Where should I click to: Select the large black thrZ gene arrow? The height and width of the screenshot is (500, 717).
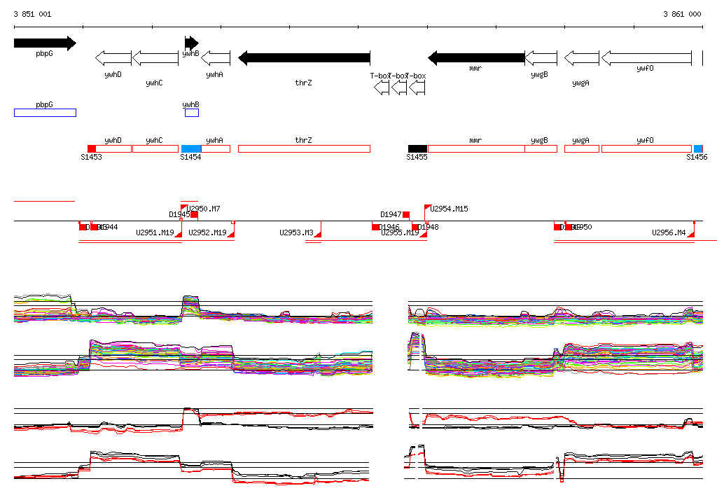(x=304, y=57)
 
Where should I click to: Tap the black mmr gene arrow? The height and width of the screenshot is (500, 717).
(x=476, y=57)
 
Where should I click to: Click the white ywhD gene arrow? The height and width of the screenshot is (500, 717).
(x=113, y=57)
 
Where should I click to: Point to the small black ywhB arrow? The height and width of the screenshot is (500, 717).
(x=191, y=43)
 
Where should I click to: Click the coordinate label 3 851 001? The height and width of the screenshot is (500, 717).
(x=32, y=14)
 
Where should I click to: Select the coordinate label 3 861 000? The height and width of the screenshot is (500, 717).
(x=682, y=14)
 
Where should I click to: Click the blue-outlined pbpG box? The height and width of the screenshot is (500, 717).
(x=45, y=113)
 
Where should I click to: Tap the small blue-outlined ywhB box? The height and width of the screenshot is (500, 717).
(x=192, y=113)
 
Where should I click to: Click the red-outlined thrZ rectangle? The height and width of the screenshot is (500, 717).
(x=304, y=148)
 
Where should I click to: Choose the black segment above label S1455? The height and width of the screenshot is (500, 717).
(x=417, y=148)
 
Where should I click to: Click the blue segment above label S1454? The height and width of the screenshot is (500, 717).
(x=191, y=148)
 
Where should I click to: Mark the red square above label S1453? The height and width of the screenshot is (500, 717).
(x=92, y=148)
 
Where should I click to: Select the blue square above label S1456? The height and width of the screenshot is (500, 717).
(x=698, y=148)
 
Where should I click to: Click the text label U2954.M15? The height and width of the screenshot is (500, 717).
(x=450, y=209)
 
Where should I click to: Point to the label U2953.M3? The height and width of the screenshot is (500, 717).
(x=296, y=232)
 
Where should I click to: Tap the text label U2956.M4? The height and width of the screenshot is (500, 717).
(x=669, y=232)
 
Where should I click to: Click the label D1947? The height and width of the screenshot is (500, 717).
(x=391, y=214)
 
